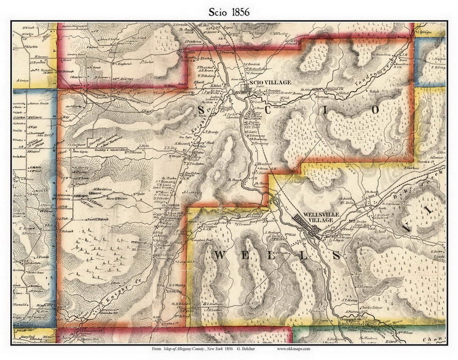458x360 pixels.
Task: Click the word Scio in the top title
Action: click(218, 12)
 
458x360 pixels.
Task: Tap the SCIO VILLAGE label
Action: click(271, 82)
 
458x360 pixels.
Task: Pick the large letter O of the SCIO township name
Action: click(375, 110)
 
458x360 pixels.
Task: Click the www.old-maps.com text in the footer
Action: click(293, 349)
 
